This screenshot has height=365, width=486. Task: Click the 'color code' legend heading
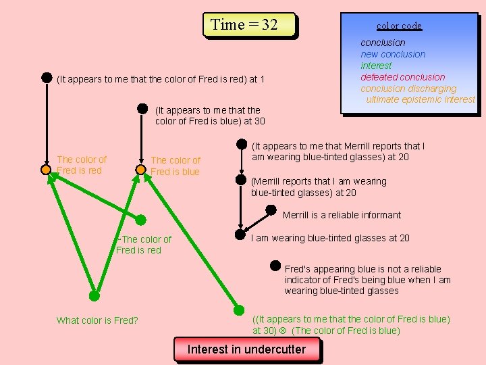[x=399, y=26]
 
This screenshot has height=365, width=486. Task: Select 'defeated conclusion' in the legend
[x=402, y=77]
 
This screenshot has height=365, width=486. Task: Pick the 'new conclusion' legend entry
[x=393, y=54]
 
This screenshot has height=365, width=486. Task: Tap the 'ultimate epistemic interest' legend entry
[x=421, y=99]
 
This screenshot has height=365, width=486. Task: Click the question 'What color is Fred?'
[x=97, y=320]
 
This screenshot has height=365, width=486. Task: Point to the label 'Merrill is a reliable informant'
[x=342, y=215]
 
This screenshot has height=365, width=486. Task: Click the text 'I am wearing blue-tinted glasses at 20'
[x=330, y=238]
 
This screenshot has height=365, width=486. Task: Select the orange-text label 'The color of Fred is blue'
[x=175, y=166]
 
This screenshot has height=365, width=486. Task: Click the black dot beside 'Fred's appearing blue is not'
[x=275, y=266]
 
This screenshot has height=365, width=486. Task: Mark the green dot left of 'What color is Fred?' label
[x=94, y=295]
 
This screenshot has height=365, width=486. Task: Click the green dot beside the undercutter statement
[x=239, y=310]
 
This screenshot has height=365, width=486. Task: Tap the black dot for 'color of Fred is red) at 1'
[x=47, y=77]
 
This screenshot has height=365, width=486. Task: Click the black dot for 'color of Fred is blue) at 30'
[x=142, y=107]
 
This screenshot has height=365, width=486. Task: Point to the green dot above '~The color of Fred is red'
[x=140, y=220]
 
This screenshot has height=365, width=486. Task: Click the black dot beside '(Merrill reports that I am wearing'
[x=240, y=180]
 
